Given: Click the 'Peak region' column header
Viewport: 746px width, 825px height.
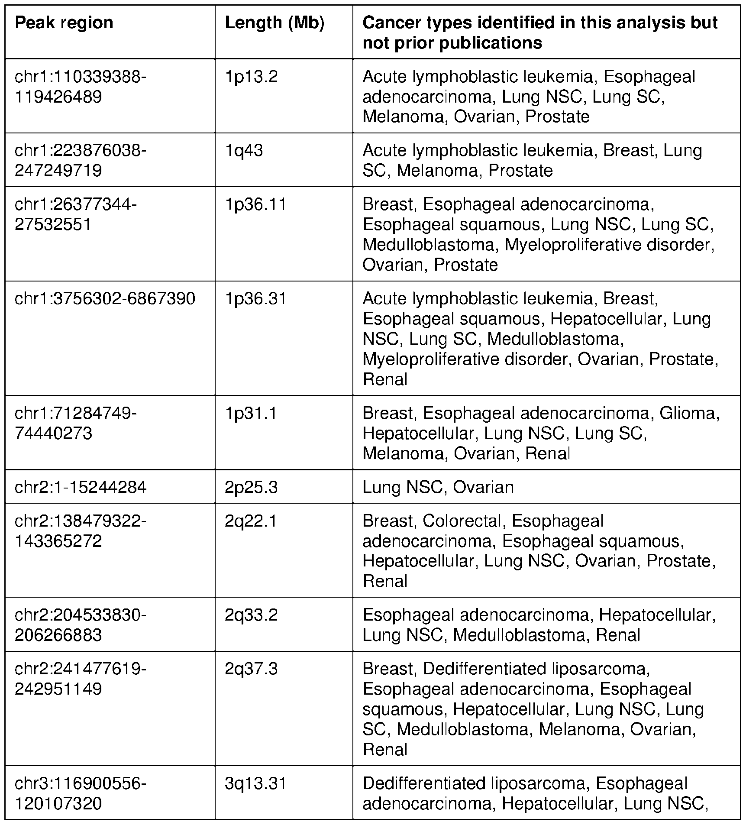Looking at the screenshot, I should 64,23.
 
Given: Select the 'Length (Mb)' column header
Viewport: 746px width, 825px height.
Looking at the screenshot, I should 275,23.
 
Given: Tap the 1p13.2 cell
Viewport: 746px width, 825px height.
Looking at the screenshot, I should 251,77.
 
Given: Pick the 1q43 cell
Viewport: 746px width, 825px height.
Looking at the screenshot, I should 244,150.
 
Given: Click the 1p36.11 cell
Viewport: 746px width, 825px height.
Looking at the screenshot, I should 255,204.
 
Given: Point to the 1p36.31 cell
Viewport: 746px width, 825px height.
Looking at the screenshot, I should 255,298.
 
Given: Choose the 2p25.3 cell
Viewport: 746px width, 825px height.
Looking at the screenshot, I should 251,487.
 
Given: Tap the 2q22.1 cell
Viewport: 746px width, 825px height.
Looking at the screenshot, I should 251,521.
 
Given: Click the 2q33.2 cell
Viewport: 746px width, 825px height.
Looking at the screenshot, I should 251,615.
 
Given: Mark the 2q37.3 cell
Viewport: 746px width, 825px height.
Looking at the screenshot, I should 251,669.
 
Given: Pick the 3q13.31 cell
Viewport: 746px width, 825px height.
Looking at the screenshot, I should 255,783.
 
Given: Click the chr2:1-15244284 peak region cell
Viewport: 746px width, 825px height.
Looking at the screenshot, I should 81,487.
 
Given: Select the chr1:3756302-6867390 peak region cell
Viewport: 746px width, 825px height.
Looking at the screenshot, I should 105,298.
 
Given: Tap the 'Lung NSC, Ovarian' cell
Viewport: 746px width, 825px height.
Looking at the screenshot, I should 438,487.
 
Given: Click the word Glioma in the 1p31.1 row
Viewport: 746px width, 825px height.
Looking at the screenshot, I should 689,413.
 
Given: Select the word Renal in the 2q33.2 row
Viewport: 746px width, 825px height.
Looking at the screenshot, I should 618,635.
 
